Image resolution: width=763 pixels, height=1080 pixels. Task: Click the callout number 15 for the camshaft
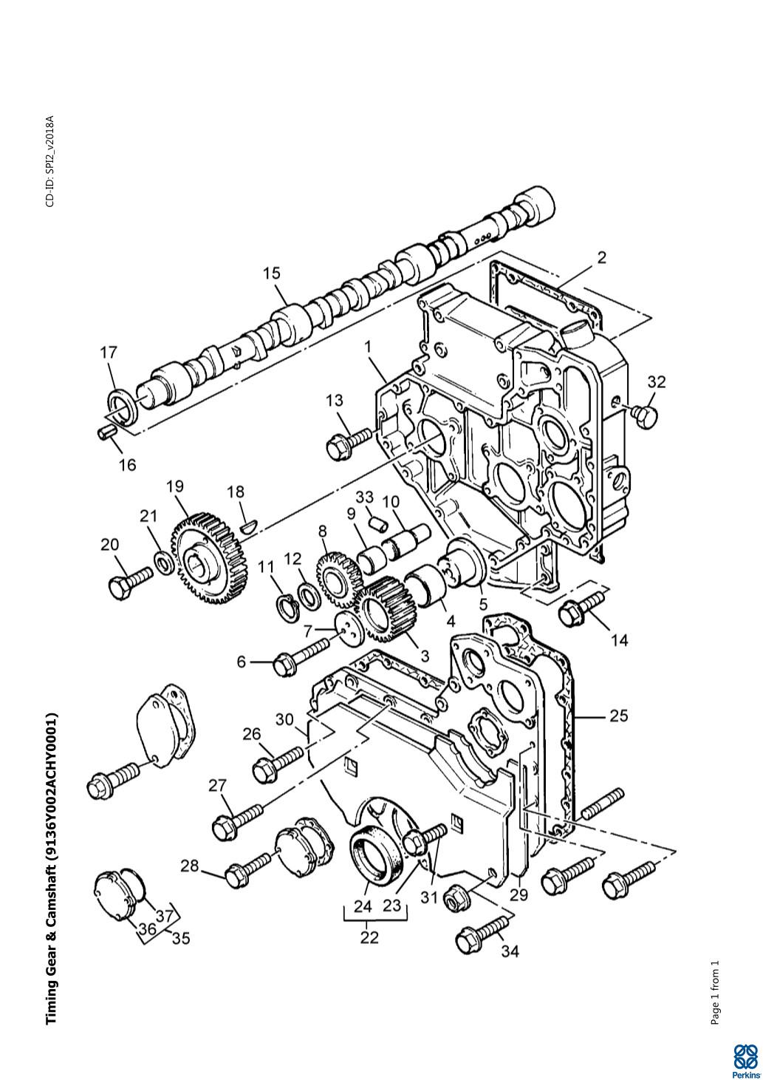pos(271,274)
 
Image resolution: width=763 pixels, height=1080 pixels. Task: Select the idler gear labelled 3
pos(387,611)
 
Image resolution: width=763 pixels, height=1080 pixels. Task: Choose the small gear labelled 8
pos(338,580)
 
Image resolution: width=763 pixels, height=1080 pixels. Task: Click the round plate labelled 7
pos(349,632)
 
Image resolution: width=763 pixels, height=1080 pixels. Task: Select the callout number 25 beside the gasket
pos(618,716)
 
